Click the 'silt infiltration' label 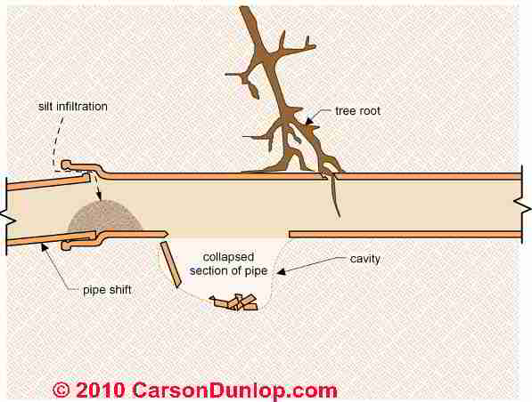73,107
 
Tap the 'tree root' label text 357,111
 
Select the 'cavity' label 364,259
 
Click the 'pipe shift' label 107,290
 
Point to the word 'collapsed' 228,257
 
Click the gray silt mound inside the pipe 105,216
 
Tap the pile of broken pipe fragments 233,302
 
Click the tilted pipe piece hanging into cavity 170,264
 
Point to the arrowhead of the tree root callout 308,122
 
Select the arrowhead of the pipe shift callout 44,246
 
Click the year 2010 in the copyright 100,390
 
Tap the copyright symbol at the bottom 61,390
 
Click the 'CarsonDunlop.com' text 234,390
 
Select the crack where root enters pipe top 329,175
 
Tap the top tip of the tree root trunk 243,8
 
